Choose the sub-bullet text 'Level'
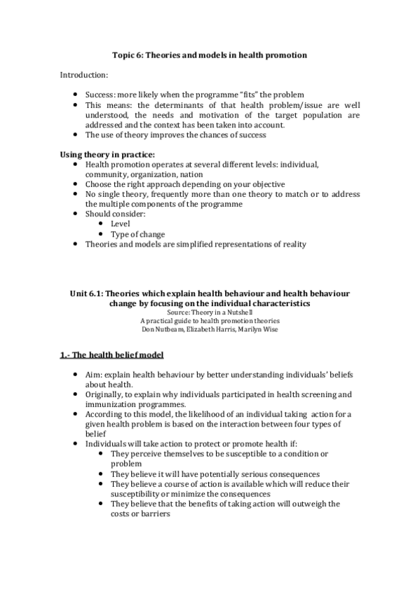point(120,223)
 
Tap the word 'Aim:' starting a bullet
point(95,375)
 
